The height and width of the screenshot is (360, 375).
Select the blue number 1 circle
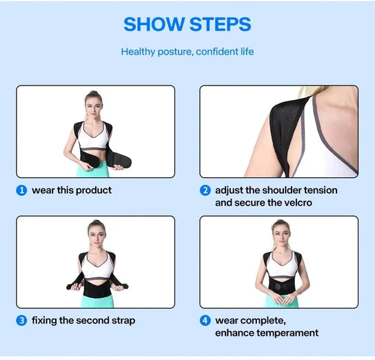click(22, 190)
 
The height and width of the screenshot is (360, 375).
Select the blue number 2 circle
click(205, 190)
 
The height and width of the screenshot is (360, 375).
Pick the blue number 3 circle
click(22, 321)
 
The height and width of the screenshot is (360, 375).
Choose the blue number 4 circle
click(205, 321)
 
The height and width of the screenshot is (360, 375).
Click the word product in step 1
click(93, 190)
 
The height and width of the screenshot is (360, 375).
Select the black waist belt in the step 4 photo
click(279, 284)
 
